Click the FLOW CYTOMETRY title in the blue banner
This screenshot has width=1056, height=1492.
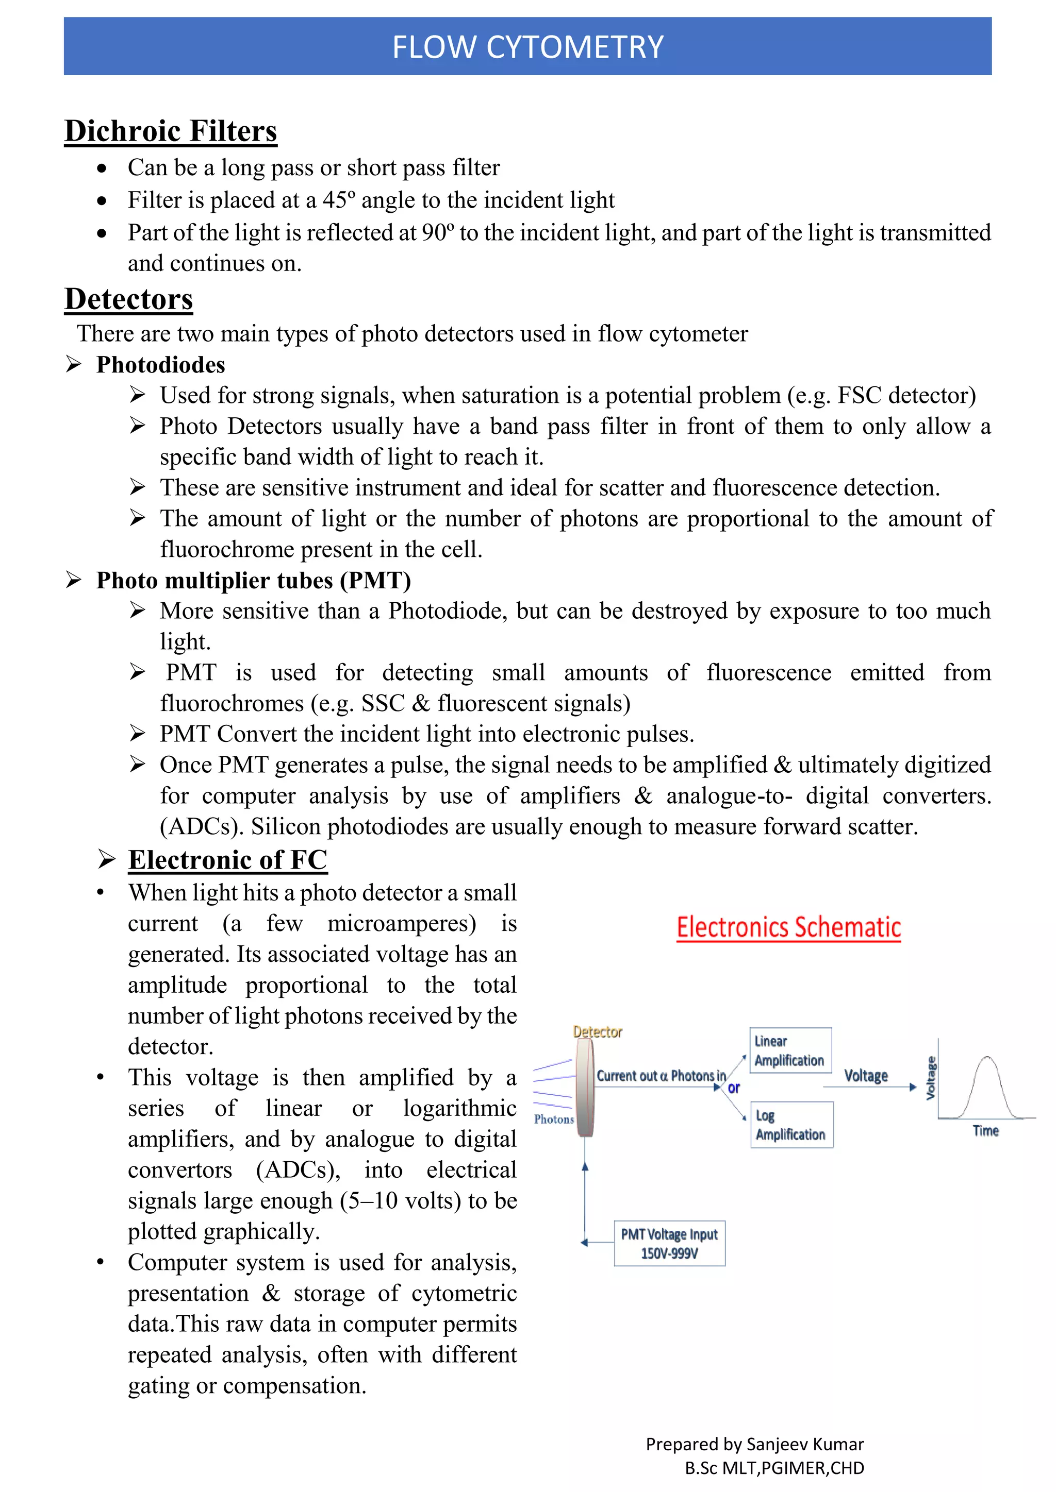527,47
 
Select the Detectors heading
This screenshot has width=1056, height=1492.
129,299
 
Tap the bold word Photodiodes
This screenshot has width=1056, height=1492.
160,365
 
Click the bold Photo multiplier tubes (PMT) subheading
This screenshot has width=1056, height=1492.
254,580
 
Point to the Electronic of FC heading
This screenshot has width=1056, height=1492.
227,860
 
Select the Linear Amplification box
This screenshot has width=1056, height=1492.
790,1051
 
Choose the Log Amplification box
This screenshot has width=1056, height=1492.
791,1125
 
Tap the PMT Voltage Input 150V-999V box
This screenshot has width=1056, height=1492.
669,1243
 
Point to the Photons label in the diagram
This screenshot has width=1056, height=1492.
554,1119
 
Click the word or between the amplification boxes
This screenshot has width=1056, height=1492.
734,1087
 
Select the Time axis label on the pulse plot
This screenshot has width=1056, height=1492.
985,1131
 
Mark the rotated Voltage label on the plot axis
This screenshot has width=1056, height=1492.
931,1078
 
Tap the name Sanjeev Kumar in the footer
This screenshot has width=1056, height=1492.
805,1444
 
